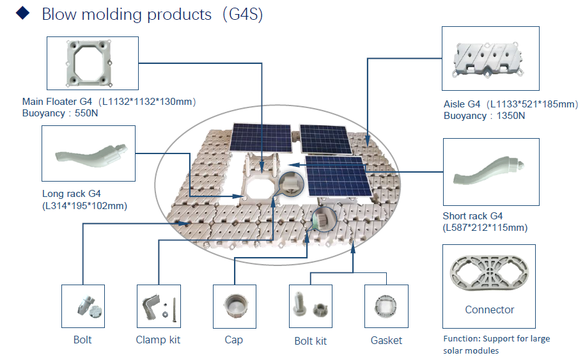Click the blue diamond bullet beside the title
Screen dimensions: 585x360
(23, 13)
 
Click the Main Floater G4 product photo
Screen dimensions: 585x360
(89, 63)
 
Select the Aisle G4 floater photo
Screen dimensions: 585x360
(488, 59)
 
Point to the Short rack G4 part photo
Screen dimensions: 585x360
(488, 170)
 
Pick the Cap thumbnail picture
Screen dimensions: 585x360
(234, 306)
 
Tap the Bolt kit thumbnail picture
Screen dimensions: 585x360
(311, 304)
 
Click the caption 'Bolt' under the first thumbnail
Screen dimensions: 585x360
(82, 340)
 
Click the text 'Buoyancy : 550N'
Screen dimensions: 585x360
(60, 113)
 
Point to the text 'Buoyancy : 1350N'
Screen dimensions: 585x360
(484, 116)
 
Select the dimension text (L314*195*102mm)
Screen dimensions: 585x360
(84, 206)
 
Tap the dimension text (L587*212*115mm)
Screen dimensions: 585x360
(485, 228)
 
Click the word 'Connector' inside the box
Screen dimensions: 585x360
(490, 309)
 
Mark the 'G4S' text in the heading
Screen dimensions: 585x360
(243, 15)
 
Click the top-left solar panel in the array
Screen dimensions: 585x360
(260, 137)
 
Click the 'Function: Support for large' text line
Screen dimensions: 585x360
(497, 339)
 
